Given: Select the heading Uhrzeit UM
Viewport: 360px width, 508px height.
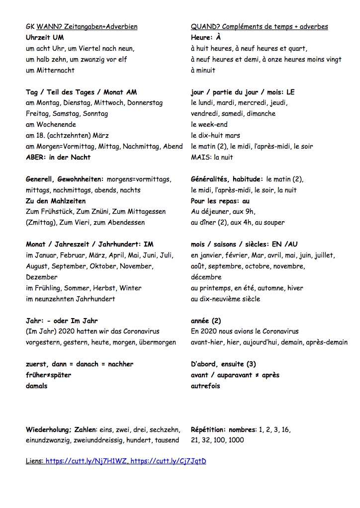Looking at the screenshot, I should point(45,37).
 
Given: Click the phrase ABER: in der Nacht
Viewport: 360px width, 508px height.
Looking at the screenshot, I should point(58,158).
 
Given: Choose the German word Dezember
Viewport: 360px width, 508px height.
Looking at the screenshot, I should point(42,277).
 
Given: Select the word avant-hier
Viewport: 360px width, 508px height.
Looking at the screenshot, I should point(205,342).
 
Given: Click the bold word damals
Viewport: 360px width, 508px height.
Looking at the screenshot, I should point(37,386).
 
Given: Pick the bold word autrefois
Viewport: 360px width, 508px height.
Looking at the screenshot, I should point(205,386).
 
